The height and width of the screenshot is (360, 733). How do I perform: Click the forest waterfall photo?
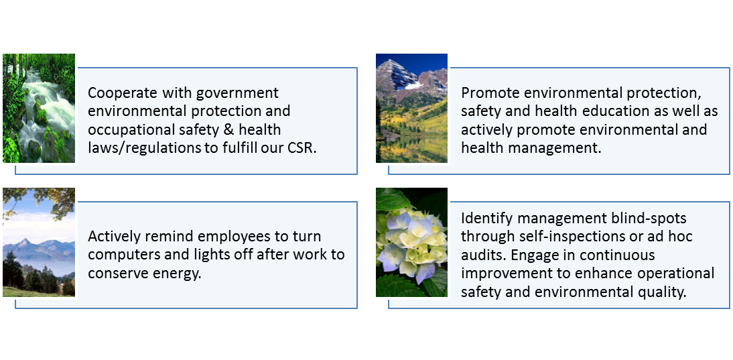(x=39, y=108)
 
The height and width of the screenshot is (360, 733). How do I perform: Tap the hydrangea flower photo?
(x=411, y=242)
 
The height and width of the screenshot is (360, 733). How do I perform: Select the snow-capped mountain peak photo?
(x=411, y=108)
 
